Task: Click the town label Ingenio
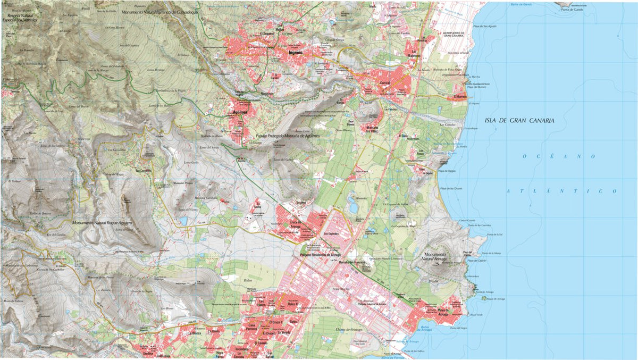pyautogui.click(x=295, y=53)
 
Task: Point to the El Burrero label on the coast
pyautogui.click(x=460, y=97)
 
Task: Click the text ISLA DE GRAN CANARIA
pyautogui.click(x=519, y=121)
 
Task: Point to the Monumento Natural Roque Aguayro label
pyautogui.click(x=102, y=223)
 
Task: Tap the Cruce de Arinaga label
pyautogui.click(x=295, y=224)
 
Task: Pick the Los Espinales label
pyautogui.click(x=332, y=233)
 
